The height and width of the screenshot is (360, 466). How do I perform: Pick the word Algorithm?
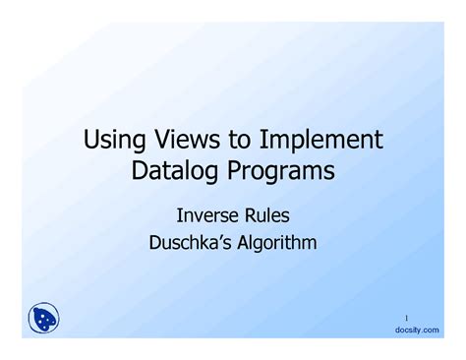point(276,239)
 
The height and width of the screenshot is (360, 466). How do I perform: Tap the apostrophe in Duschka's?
point(221,233)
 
